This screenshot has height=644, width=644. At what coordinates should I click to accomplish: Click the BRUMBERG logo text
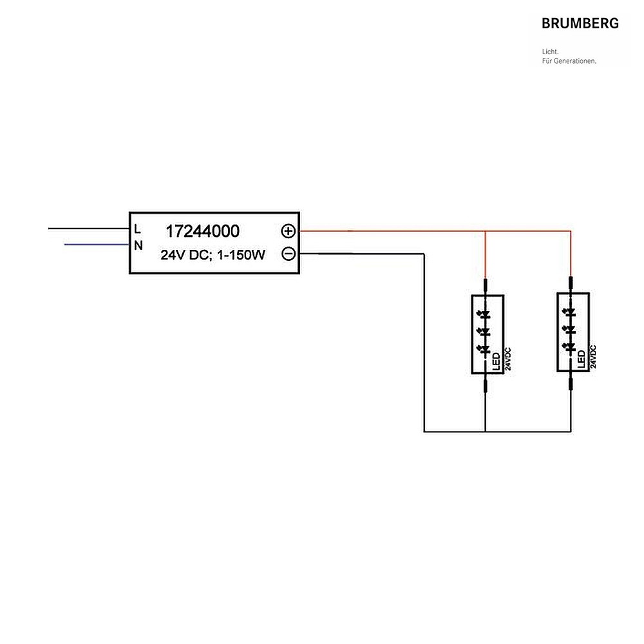pos(580,23)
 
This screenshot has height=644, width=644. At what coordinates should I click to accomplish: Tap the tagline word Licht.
pos(551,52)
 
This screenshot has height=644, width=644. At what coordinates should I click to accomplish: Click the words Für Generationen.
pos(569,61)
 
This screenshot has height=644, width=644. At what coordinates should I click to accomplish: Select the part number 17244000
pos(202,231)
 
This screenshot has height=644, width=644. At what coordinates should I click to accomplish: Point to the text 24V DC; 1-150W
pos(213,255)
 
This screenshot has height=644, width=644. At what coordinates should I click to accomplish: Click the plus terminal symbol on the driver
pos(289,231)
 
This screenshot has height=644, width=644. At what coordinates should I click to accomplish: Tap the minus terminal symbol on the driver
pos(289,254)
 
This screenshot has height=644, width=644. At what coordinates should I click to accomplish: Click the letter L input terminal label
pos(138,229)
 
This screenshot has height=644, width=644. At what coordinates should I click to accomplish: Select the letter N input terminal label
pos(138,245)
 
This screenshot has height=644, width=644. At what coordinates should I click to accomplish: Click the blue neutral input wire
pos(97,245)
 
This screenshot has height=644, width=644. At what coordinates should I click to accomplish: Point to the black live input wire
pos(89,229)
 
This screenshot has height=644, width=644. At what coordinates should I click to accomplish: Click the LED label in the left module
pos(496,361)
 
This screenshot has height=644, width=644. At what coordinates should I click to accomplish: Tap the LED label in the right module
pos(581,359)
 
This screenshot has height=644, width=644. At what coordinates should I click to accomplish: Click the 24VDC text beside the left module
pos(508,359)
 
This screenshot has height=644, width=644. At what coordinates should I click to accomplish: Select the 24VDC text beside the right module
pos(593,357)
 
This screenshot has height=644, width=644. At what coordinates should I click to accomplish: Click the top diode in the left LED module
pos(484,315)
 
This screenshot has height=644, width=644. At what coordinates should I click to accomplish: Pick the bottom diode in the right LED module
pos(569,348)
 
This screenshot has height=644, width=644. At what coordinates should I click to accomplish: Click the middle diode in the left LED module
pos(484,331)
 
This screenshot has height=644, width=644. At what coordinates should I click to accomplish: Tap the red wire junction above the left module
pos(485,231)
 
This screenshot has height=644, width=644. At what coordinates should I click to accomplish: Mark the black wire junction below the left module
pos(485,431)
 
